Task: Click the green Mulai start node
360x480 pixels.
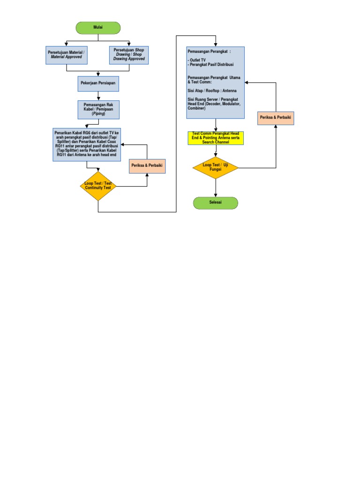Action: tap(98, 28)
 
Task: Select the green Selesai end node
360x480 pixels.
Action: tap(216, 203)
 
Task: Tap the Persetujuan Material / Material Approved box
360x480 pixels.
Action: tap(67, 54)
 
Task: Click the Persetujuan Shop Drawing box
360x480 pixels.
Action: tap(129, 54)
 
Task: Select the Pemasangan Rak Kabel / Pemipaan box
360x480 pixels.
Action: tap(98, 110)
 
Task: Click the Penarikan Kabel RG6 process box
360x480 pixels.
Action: tap(87, 145)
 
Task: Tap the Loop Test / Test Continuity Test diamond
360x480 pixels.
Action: tap(98, 186)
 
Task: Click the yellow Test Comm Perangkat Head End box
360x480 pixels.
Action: tap(216, 138)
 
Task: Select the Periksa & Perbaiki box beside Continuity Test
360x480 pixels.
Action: tap(147, 166)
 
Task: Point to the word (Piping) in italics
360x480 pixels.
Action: tap(98, 114)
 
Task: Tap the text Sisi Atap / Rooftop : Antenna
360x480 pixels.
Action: tap(212, 90)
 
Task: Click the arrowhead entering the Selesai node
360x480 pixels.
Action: tap(216, 195)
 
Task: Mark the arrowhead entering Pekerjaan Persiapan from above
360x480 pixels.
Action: tap(98, 74)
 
